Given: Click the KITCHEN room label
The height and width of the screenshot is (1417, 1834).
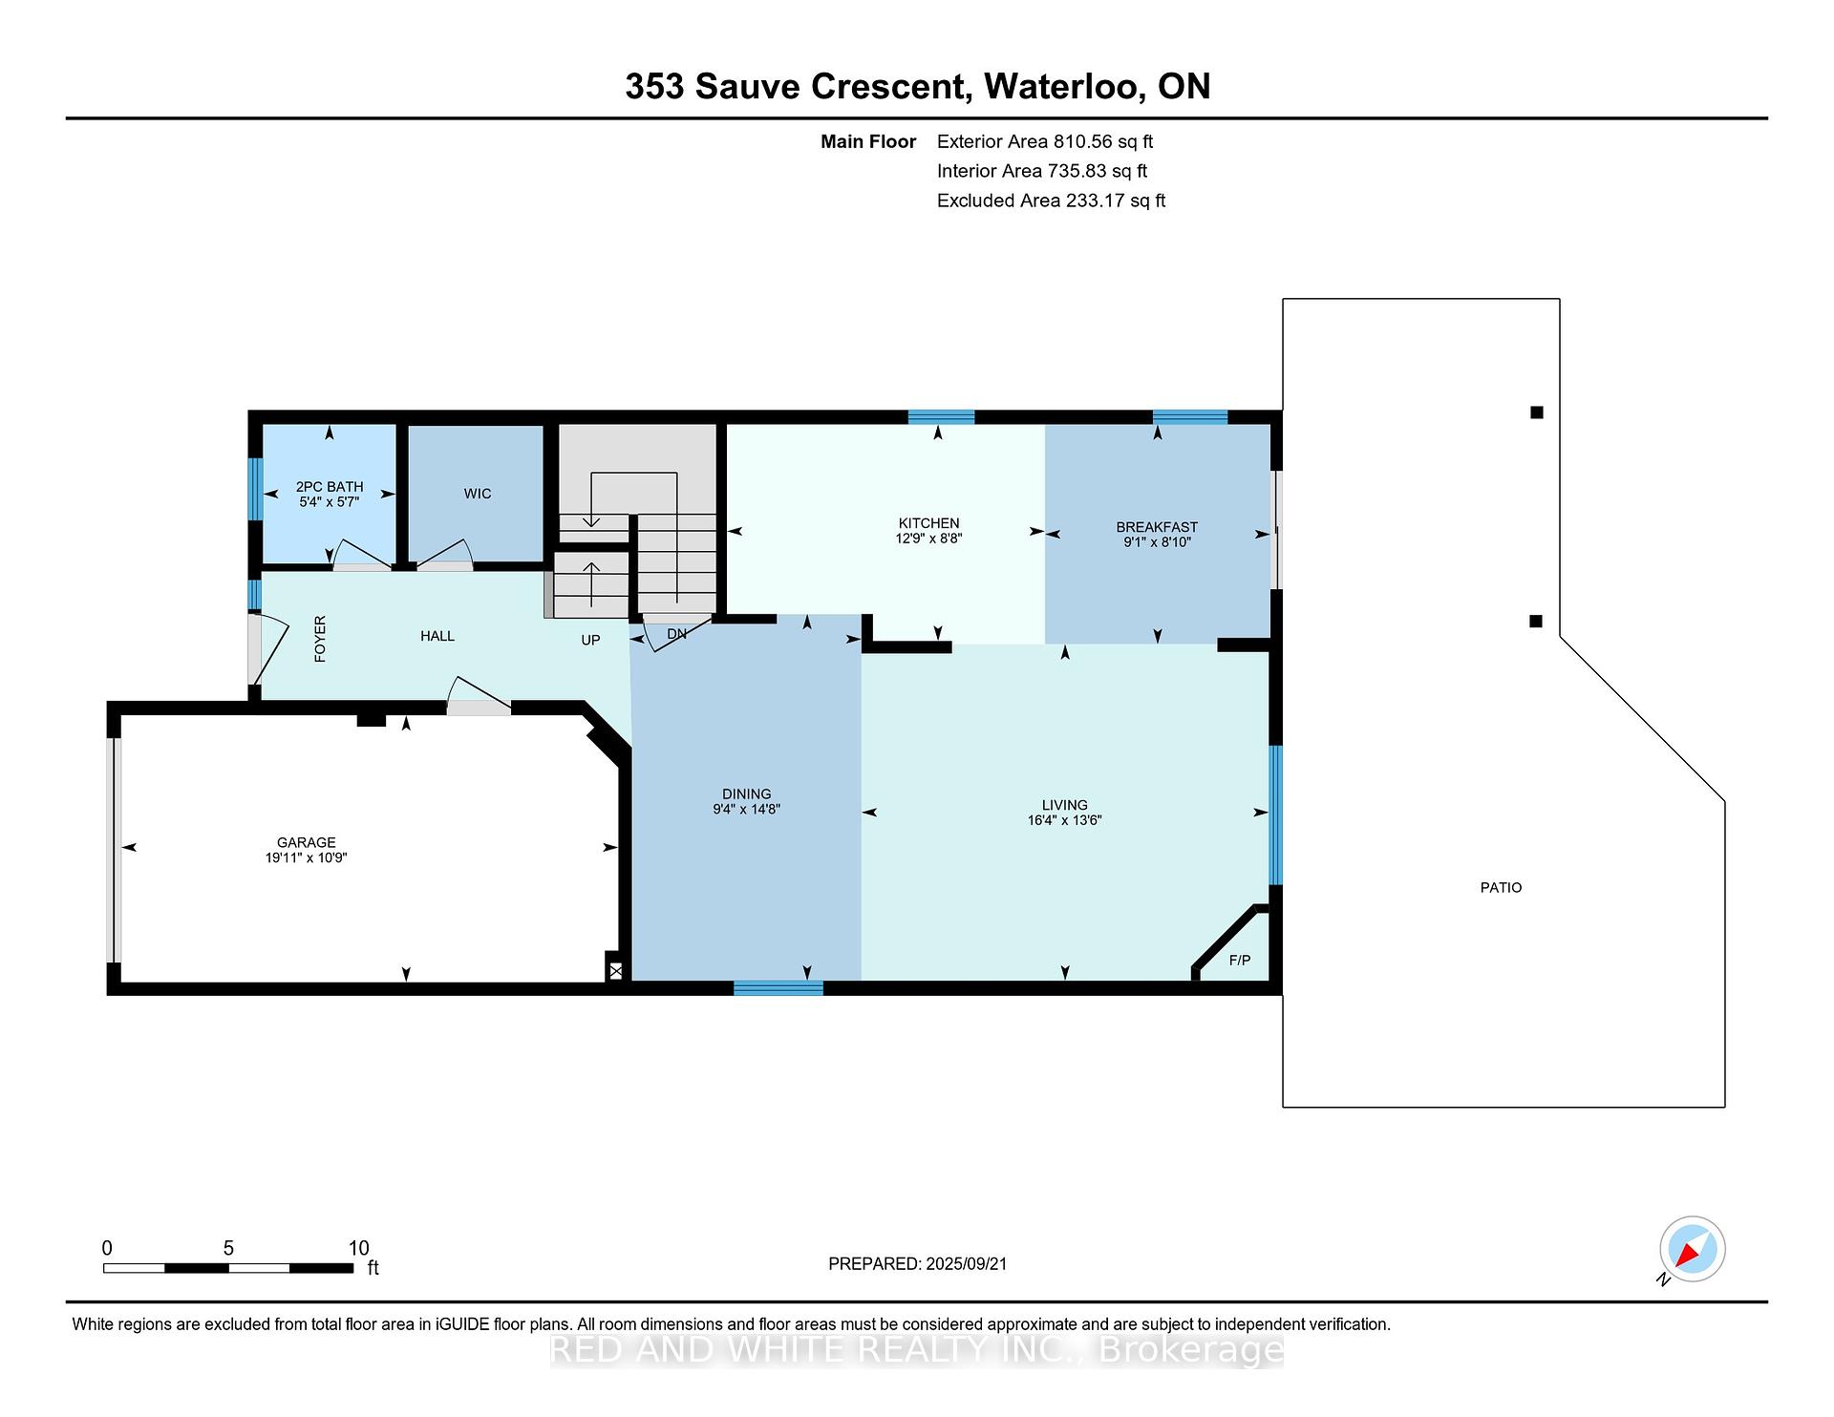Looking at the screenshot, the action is pos(928,523).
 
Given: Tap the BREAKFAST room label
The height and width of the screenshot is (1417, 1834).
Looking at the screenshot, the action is pos(1157,527).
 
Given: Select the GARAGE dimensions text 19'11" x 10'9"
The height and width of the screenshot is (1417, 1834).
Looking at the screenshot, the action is pos(306,857).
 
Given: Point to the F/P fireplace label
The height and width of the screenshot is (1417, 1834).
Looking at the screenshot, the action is pos(1239,961).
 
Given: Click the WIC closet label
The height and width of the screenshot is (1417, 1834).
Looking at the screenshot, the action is pos(478,494).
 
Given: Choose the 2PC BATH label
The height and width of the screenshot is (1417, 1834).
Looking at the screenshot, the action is pos(330,487).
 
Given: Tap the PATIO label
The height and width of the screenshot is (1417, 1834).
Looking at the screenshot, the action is pos(1501,888).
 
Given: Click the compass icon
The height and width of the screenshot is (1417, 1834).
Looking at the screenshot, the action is pos(1692,1249).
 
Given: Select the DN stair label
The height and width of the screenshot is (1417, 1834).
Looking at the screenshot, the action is pos(676,634).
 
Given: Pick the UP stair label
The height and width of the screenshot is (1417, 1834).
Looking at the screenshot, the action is pos(590,640).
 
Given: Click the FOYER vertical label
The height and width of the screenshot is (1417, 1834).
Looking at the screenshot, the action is pos(320,639).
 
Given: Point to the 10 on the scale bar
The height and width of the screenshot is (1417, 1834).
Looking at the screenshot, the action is pos(358,1248).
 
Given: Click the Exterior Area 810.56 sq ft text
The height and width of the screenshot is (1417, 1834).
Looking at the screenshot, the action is pos(1045,141).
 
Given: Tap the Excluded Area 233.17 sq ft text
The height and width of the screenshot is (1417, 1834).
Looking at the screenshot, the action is pos(1051,201).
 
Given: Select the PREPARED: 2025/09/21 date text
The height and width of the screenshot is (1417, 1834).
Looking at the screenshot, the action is pos(917,1263).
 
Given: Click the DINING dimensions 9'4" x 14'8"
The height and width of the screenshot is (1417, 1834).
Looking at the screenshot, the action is pos(746,809).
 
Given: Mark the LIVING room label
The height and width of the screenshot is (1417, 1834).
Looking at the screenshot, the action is pos(1064,805).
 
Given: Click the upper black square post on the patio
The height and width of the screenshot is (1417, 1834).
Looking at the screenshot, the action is pos(1536,412).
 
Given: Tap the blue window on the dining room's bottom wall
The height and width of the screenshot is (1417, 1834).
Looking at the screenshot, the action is pos(778,988).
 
